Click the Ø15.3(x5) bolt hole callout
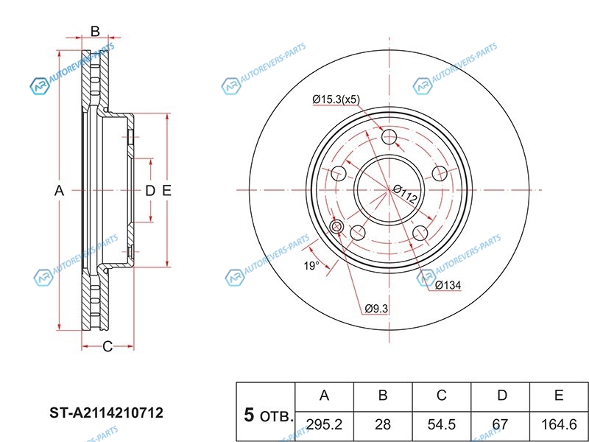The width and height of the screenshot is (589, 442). [x=336, y=99]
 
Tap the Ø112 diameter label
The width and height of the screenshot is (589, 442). [x=406, y=194]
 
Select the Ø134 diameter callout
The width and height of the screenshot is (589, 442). [x=448, y=285]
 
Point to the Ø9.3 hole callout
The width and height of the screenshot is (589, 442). [x=376, y=309]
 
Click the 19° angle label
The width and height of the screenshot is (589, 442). [x=311, y=266]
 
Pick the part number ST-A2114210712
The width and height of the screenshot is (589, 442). [x=106, y=413]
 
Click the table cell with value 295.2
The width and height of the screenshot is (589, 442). [x=325, y=425]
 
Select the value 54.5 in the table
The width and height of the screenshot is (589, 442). [x=441, y=425]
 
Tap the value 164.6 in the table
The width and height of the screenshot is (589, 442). [x=559, y=425]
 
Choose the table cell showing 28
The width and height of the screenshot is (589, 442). [x=383, y=425]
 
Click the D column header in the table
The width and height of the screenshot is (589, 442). [x=502, y=396]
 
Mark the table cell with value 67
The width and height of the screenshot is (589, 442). [x=500, y=425]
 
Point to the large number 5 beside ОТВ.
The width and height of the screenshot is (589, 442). [x=249, y=415]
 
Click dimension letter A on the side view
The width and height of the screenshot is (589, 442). [x=59, y=191]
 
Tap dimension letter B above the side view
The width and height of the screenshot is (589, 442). [x=95, y=31]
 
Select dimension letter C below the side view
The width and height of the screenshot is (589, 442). [x=107, y=346]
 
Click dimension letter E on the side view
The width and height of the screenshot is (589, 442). [x=166, y=191]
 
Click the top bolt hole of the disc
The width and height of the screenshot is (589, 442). [x=389, y=137]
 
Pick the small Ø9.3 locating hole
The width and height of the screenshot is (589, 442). [x=336, y=226]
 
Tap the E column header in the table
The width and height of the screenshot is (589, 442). [x=559, y=396]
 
